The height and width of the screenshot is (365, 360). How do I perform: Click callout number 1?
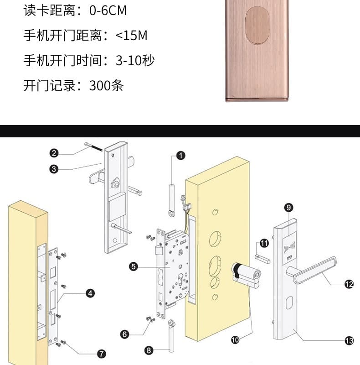[181, 156]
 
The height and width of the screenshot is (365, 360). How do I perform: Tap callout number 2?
[54, 153]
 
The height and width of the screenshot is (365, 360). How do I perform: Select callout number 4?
[90, 293]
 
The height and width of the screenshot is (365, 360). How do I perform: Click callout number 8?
[149, 350]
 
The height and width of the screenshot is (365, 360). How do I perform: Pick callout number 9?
[288, 208]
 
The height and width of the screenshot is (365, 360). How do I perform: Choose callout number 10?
[236, 339]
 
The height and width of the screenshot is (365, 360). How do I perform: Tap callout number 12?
[349, 284]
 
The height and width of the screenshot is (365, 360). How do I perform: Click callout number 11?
[264, 242]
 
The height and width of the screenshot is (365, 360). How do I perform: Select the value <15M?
[132, 36]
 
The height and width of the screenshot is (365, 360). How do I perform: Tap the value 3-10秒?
[135, 60]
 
